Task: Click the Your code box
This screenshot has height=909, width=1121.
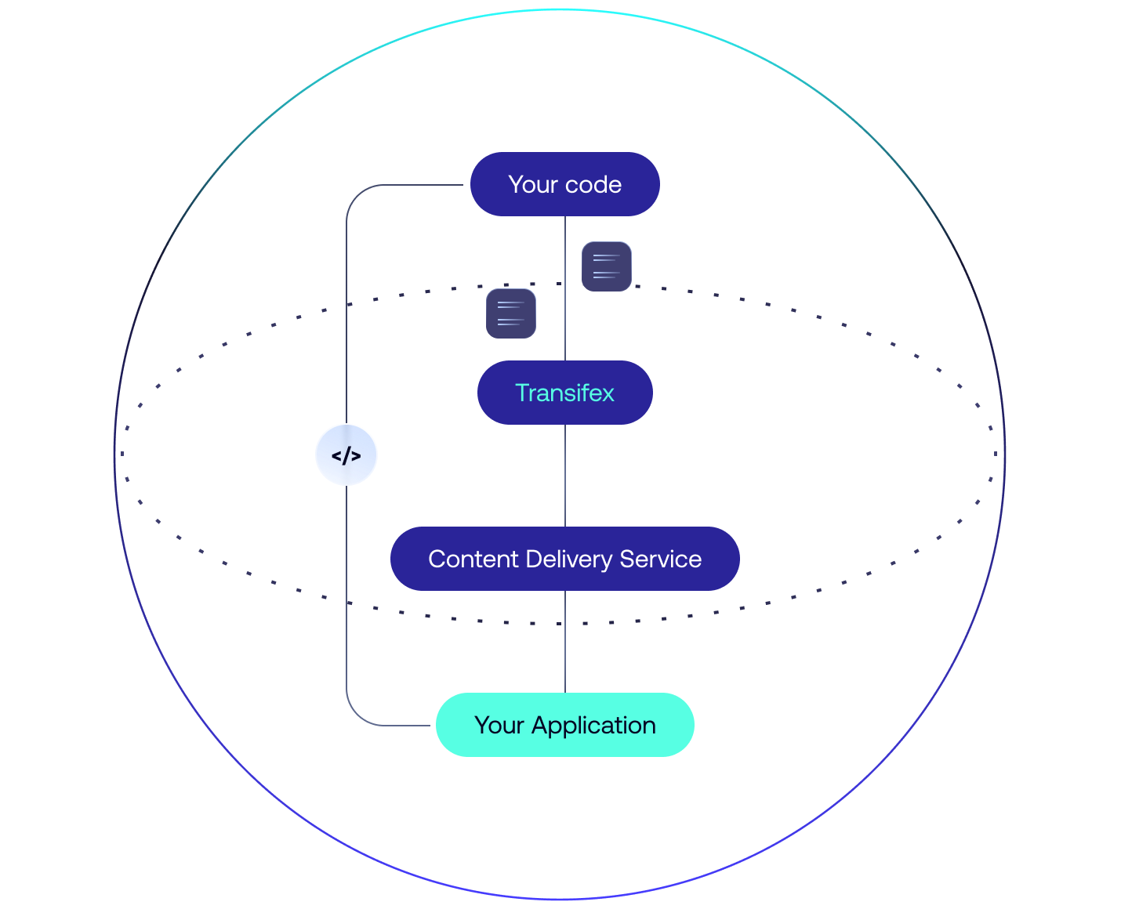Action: tap(564, 184)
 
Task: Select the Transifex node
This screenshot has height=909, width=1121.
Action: tap(564, 393)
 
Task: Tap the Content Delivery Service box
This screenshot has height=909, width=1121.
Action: tap(564, 559)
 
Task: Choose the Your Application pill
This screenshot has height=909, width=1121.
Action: tap(564, 725)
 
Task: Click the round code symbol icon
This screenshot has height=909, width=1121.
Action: tap(346, 454)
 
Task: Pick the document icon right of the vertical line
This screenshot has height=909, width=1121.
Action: tap(607, 266)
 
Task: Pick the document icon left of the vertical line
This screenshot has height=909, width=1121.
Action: tap(511, 313)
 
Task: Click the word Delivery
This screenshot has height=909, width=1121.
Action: tap(569, 560)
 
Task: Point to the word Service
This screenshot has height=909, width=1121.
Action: tap(660, 559)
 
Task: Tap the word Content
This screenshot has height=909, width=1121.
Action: tap(473, 559)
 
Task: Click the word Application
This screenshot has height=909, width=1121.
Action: tap(593, 726)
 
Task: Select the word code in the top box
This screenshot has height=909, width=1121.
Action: tap(593, 184)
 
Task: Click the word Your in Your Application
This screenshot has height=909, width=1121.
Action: tap(499, 725)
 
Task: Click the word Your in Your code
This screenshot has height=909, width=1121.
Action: tap(533, 184)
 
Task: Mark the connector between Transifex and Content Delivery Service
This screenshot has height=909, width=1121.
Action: tap(565, 475)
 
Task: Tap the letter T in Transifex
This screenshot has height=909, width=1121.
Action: tap(521, 393)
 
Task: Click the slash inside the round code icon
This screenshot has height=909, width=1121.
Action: tap(346, 455)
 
